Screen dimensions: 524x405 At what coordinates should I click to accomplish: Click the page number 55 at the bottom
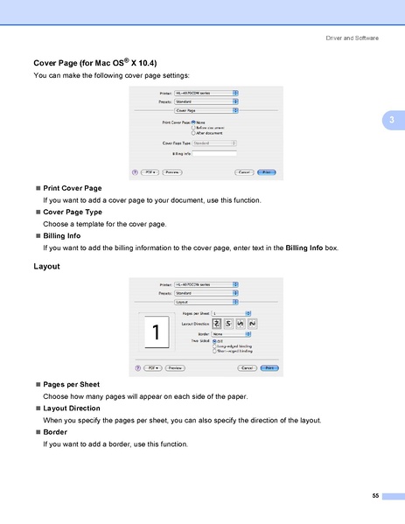[x=374, y=496]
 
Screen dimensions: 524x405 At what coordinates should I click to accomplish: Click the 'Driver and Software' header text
[x=353, y=38]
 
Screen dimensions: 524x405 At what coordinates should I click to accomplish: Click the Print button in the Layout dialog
[x=270, y=368]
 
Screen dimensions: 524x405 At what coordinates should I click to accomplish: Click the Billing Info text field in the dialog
[x=213, y=153]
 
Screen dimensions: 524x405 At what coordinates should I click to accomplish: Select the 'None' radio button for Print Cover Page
[x=192, y=122]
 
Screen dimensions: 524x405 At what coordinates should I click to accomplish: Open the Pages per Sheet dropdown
[x=229, y=312]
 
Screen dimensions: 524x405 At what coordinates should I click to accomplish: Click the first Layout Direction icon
[x=217, y=324]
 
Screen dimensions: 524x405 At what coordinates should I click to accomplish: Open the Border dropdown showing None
[x=229, y=333]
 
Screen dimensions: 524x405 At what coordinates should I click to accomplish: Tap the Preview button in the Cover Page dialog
[x=172, y=172]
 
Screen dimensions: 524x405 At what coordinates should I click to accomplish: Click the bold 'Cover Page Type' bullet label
[x=72, y=212]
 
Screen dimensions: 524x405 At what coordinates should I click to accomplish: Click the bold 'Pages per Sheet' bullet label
[x=71, y=384]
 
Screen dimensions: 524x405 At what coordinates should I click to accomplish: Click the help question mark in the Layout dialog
[x=136, y=368]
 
